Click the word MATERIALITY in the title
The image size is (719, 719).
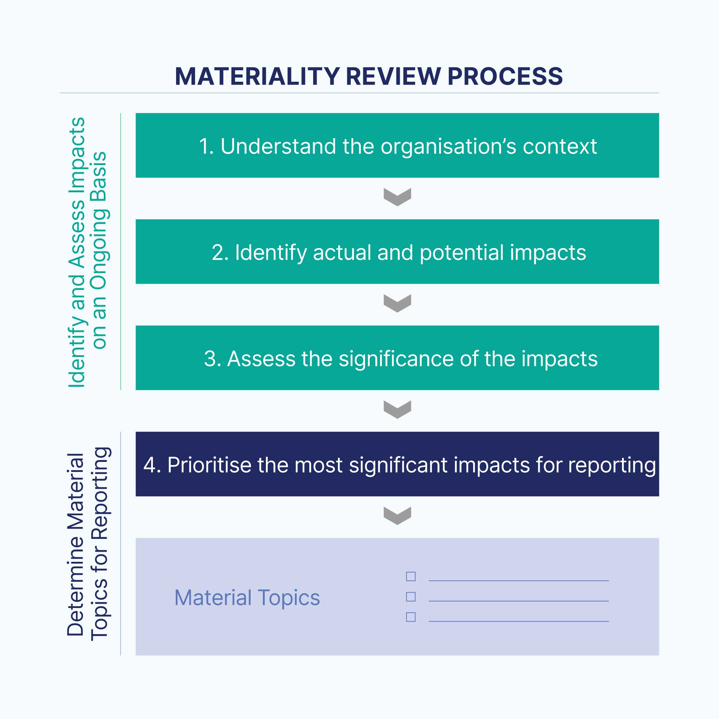point(257,77)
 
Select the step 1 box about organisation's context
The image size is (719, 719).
point(397,145)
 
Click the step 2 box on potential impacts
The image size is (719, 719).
point(397,252)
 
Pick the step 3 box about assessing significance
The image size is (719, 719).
point(397,358)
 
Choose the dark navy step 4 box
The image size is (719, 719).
point(397,464)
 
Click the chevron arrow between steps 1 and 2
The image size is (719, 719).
point(397,197)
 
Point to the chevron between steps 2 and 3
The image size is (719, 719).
point(397,303)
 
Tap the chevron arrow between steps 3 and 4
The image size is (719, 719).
point(397,410)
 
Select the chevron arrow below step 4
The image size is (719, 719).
point(397,516)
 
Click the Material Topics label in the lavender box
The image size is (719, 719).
point(247,598)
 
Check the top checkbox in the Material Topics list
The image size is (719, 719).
point(410,576)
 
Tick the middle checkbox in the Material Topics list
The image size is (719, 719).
point(410,597)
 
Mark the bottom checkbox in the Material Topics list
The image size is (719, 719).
point(410,617)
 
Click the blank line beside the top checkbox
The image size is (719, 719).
point(519,580)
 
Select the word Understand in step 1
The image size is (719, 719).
point(278,146)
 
